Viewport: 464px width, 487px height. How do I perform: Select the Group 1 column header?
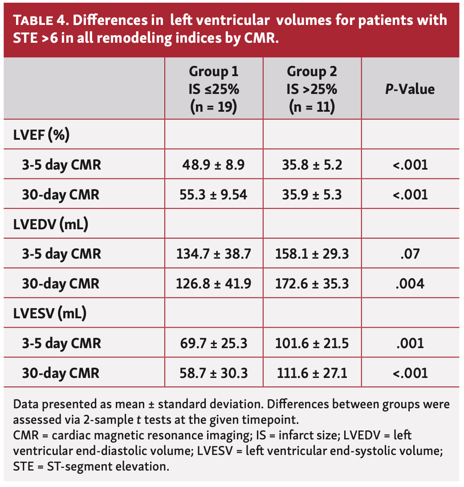point(214,89)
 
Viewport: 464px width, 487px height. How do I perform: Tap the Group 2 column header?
point(312,89)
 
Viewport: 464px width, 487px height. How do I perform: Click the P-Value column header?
point(410,89)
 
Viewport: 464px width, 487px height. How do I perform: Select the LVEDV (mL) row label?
point(50,224)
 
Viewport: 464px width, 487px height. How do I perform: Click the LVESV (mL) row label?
point(49,313)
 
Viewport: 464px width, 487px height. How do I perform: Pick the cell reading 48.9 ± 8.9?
point(214,165)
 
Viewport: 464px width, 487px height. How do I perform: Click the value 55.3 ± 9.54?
point(214,195)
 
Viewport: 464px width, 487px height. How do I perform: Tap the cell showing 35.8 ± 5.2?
point(312,165)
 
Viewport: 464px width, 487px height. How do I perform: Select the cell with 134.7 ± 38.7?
point(214,254)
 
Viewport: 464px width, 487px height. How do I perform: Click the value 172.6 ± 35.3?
point(312,284)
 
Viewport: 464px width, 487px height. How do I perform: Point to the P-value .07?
point(410,254)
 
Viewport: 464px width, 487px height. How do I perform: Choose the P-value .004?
point(410,284)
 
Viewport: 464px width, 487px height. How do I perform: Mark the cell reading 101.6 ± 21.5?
point(312,343)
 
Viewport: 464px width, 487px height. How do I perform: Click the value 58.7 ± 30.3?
point(214,373)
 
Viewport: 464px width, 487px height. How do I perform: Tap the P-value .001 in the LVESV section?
point(410,343)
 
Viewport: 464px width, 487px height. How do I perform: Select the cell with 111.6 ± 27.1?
point(312,373)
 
